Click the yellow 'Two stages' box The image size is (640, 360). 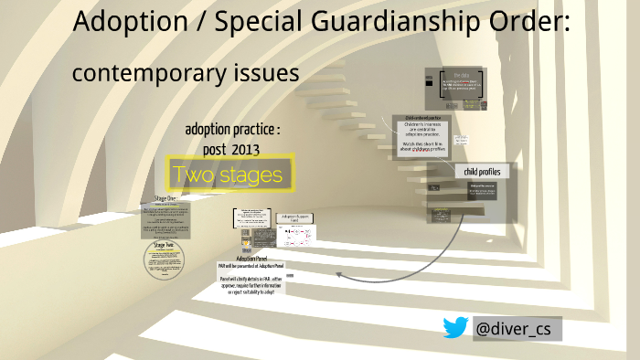[x=230, y=174]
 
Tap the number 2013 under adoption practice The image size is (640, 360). [x=251, y=148]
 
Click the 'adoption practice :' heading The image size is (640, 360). [x=232, y=130]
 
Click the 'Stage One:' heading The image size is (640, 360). [x=165, y=197]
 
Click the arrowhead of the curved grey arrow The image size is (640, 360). [x=339, y=273]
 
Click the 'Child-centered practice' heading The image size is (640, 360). [x=424, y=119]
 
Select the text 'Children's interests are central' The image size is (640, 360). [x=424, y=131]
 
